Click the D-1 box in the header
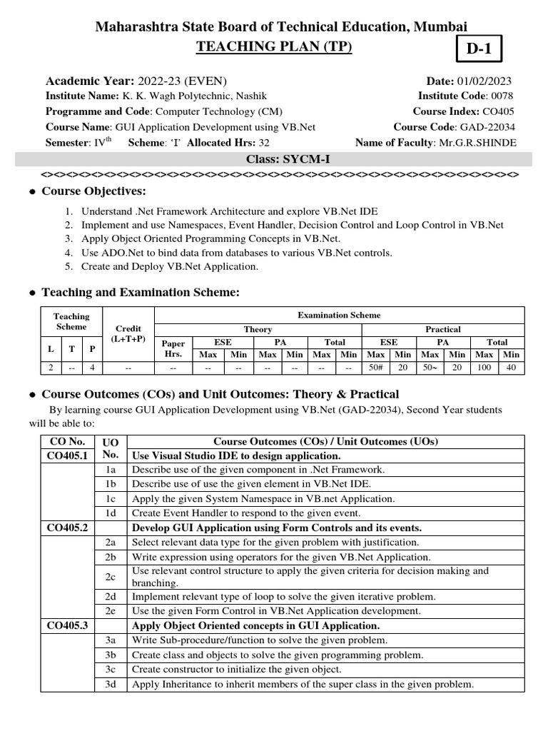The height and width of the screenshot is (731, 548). coord(479,50)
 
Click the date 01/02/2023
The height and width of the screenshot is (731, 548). coord(488,81)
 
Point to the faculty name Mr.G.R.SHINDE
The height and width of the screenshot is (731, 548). coord(478,143)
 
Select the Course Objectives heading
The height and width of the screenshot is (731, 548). coord(93,191)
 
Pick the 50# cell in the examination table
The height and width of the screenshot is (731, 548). coord(375,368)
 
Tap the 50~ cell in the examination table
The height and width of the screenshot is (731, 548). coord(430,368)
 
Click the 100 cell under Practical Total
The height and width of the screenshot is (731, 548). coord(484,368)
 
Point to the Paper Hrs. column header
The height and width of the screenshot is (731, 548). coord(173,348)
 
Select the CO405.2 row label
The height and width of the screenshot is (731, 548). coord(67,528)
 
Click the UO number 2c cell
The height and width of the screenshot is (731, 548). coord(110,577)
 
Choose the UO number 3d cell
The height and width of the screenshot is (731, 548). coord(110,685)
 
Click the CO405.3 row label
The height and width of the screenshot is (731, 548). coord(67,625)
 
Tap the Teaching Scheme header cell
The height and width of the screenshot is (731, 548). coord(71,321)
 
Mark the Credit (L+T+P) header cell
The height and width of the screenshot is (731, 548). coord(128,333)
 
